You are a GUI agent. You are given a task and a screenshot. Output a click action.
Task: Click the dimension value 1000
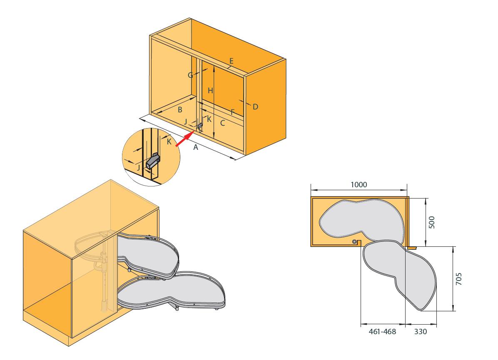(359, 184)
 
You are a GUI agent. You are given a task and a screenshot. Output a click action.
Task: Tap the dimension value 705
(459, 278)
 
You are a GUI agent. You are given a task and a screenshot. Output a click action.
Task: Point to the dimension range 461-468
(382, 332)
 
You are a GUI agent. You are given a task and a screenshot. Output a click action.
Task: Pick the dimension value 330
(420, 332)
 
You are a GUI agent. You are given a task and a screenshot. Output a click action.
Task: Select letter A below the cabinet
(195, 147)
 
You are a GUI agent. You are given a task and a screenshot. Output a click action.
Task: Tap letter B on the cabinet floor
(180, 110)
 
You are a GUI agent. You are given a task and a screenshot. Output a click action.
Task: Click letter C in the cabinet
(223, 123)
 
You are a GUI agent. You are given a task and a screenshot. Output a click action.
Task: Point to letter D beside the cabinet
(255, 107)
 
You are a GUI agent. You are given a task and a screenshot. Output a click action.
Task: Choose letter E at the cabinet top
(232, 61)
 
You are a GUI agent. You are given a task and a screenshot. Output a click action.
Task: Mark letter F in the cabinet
(232, 112)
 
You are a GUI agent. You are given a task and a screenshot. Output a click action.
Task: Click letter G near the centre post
(190, 75)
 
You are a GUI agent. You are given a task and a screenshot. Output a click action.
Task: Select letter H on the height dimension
(211, 90)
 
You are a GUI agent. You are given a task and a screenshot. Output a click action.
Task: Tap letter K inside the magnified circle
(169, 142)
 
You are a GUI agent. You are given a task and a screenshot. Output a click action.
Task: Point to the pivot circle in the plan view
(354, 242)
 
